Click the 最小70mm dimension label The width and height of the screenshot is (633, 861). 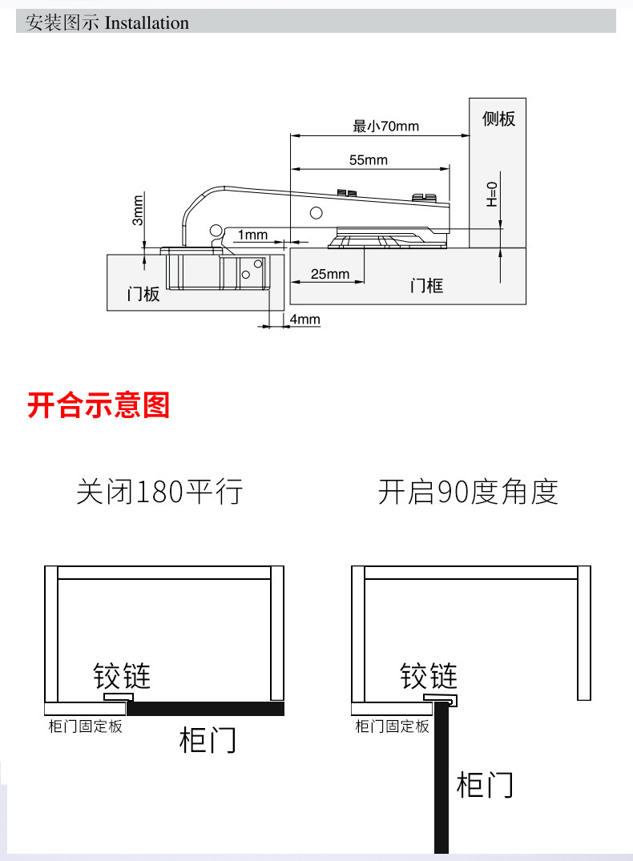coord(385,126)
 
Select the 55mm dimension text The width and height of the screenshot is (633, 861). coord(368,160)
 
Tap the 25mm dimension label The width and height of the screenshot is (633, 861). coord(330,274)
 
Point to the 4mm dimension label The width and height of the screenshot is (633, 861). coord(304,320)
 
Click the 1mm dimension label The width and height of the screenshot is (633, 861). coord(252,235)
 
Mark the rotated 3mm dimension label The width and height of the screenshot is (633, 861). coord(138,210)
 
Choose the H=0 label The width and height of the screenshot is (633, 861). coord(492,194)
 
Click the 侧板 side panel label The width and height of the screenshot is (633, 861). coord(498,119)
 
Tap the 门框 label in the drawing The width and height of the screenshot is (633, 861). coord(426,285)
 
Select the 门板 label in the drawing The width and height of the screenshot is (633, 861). coord(143,294)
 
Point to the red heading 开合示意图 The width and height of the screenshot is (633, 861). coord(99,405)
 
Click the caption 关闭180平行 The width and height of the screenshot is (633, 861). coord(159,491)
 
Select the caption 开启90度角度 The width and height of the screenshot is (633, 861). coord(468,491)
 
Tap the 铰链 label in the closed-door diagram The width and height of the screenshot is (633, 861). coord(122,676)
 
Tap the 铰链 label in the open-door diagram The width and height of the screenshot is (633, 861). coord(429,676)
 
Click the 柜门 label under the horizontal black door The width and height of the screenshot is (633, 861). coord(208,740)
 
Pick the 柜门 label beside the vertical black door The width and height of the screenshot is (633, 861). coord(485,783)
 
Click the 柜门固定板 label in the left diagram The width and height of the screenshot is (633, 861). coord(85,727)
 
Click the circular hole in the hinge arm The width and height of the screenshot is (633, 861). coord(316,213)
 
